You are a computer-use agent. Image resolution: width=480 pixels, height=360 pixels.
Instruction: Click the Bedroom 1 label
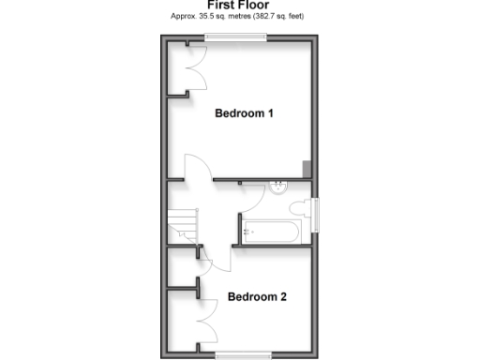[x=244, y=114]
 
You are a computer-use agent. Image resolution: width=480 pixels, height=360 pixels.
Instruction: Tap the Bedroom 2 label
[x=257, y=297]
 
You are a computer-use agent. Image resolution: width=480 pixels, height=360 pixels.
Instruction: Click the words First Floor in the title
[x=238, y=5]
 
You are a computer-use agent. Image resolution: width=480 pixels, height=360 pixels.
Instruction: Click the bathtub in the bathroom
[x=272, y=230]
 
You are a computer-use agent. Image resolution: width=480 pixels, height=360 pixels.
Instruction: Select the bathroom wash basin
[x=278, y=187]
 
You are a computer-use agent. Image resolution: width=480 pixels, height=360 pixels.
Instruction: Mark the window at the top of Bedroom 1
[x=236, y=37]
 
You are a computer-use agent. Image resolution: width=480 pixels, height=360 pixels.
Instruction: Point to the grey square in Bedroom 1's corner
[x=307, y=169]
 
